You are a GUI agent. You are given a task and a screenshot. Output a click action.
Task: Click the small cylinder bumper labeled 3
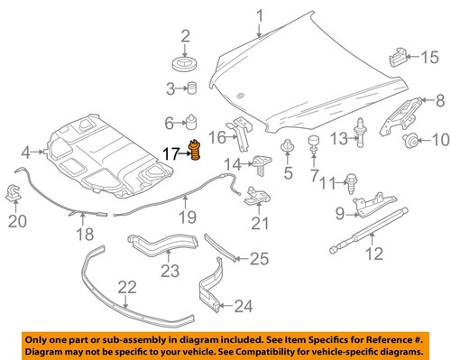point(192,88)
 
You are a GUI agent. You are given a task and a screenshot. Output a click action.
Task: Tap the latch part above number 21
point(257,194)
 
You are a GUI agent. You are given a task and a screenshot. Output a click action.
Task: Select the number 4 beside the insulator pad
point(26,152)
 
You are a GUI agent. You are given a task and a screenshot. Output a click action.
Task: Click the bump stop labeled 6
point(192,122)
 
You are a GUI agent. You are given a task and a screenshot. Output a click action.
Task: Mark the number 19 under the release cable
point(185,217)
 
